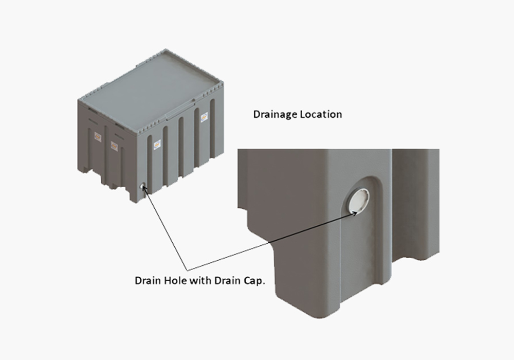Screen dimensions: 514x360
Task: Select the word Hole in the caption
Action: (176, 281)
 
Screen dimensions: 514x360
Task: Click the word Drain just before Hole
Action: (148, 281)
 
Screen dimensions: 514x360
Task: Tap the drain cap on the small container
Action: (142, 187)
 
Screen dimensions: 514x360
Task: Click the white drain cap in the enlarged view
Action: (358, 201)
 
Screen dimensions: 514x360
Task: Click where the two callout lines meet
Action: (188, 271)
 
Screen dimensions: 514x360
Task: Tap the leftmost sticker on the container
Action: (97, 136)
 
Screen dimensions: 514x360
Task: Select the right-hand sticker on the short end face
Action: (114, 146)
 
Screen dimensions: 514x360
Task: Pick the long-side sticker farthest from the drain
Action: (204, 116)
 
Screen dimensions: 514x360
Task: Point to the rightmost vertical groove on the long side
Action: (212, 128)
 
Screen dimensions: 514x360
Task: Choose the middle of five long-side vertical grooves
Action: (181, 147)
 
